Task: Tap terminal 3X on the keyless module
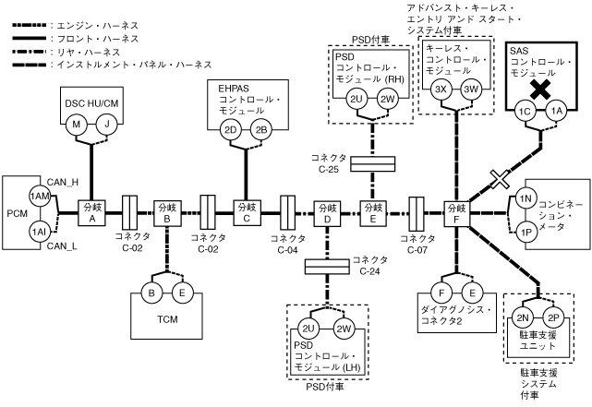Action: click(441, 90)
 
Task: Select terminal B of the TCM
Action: click(152, 293)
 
